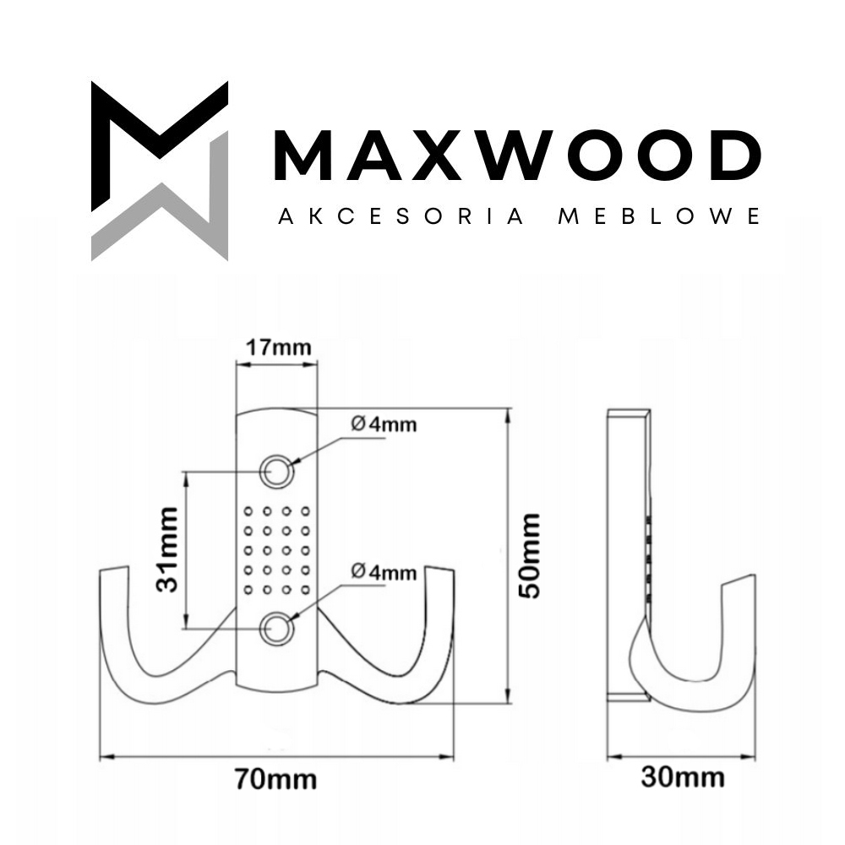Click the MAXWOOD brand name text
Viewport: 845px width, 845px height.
click(517, 155)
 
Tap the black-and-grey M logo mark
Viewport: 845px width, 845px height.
click(160, 171)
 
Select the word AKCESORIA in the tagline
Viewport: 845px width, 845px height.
click(401, 216)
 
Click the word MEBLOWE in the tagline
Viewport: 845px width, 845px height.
click(658, 216)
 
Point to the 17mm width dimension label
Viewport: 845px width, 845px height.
click(279, 347)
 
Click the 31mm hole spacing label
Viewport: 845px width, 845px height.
click(167, 549)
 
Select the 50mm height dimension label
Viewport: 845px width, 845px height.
click(529, 556)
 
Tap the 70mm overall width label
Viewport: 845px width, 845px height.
click(276, 780)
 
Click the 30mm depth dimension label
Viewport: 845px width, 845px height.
click(683, 777)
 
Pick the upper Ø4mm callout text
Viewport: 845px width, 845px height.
click(384, 424)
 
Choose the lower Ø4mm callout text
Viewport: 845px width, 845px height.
click(384, 572)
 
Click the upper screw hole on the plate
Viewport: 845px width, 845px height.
click(277, 472)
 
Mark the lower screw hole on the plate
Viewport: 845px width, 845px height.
click(277, 629)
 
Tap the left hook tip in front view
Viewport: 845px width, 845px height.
click(114, 569)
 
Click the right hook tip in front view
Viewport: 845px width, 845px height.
click(439, 569)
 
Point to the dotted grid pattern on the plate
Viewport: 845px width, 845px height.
click(277, 550)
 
